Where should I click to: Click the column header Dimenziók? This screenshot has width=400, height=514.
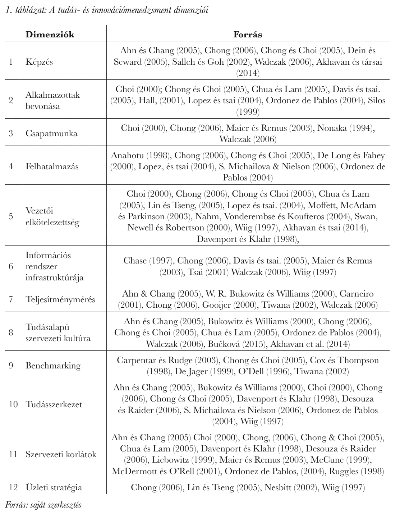coord(50,35)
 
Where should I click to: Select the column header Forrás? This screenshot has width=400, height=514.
coord(248,35)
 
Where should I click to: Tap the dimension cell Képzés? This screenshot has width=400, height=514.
coord(39,62)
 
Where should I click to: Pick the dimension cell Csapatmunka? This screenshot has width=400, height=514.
coord(51,133)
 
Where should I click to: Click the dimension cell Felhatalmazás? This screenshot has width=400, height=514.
coord(52,166)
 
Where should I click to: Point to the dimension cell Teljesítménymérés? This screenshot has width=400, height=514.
coord(60,299)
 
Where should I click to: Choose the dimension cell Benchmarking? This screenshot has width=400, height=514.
coord(53,366)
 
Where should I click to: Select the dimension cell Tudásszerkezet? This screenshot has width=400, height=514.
coord(54,404)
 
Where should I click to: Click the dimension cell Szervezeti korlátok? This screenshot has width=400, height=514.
coord(61,454)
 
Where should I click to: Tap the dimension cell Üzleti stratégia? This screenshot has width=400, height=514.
coord(54,487)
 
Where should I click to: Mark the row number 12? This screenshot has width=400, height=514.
coord(13,487)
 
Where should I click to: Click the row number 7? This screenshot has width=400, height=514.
coord(11,299)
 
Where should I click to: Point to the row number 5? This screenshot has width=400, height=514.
coord(11,216)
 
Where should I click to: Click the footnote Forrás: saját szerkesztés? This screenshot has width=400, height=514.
coord(43,505)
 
